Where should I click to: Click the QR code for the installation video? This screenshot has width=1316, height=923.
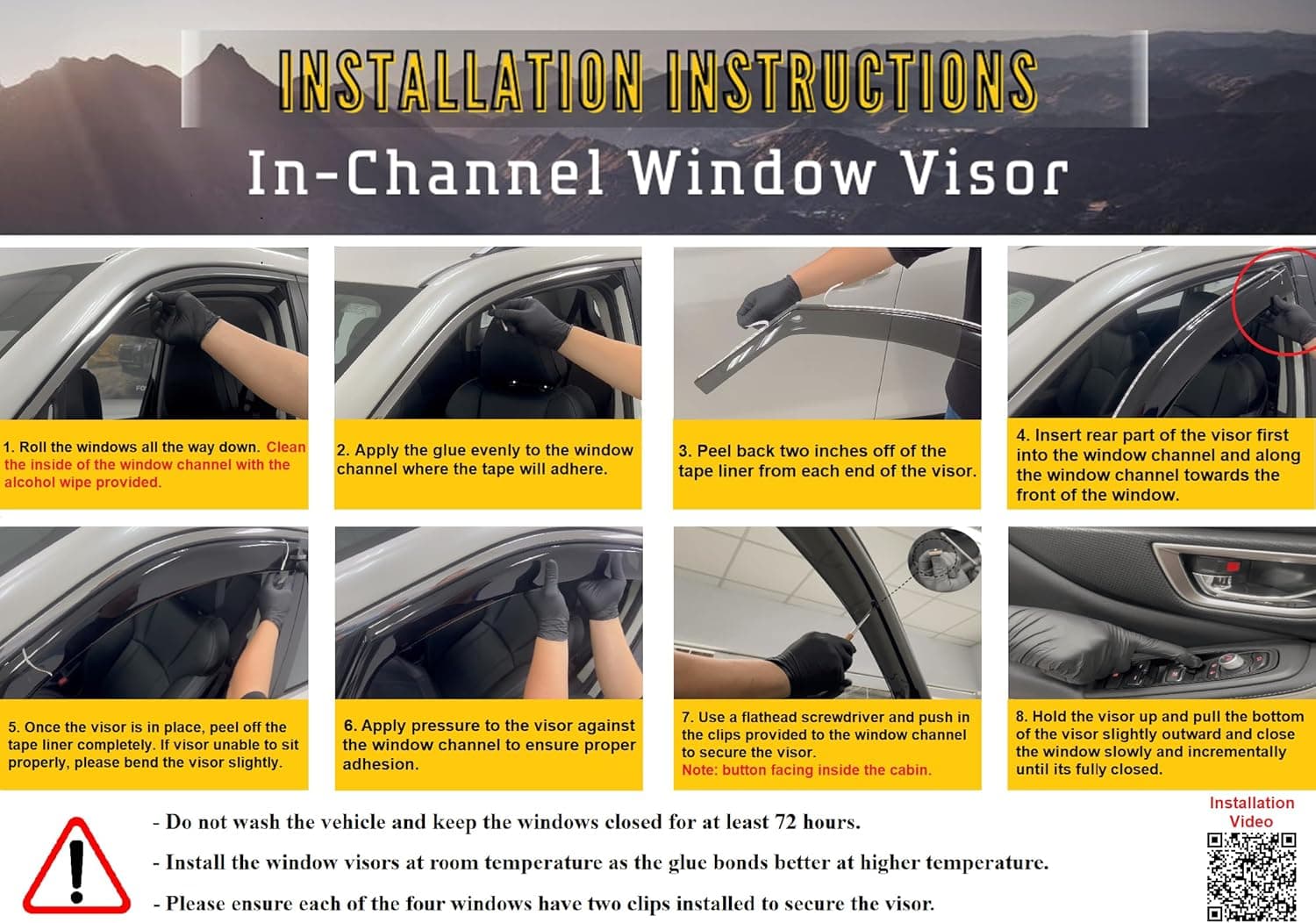click(x=1251, y=876)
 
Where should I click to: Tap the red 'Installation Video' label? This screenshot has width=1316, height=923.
click(x=1251, y=812)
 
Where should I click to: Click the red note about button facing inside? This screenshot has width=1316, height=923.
click(x=806, y=769)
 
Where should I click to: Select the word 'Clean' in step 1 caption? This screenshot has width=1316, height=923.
click(x=286, y=447)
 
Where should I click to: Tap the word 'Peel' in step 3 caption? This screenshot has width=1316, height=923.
click(x=712, y=451)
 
